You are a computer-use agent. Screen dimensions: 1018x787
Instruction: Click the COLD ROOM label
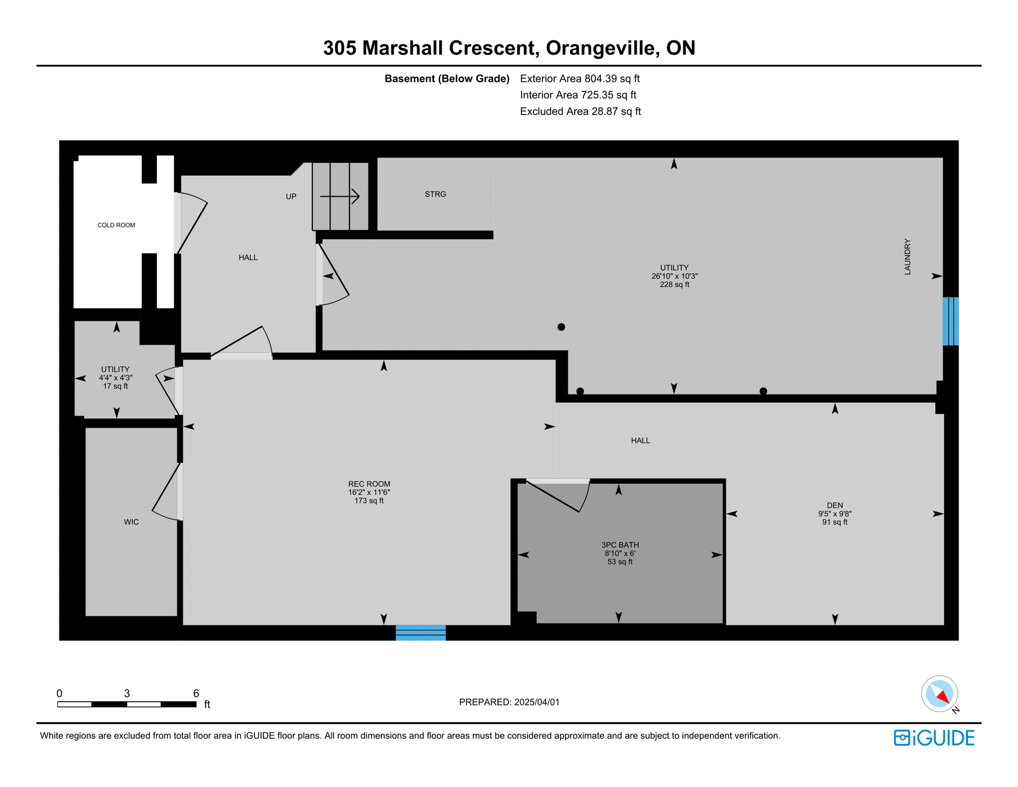point(116,225)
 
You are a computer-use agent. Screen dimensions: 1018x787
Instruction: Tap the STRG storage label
point(435,194)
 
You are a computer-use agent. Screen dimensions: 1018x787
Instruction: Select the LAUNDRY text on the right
point(907,257)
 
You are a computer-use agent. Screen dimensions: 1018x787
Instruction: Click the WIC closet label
point(131,522)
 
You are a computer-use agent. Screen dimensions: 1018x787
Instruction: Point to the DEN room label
point(835,505)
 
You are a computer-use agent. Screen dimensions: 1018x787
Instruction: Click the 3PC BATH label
point(620,545)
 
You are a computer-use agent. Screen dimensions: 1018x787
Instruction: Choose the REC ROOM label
point(369,484)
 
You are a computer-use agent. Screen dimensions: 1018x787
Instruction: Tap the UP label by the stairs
point(291,196)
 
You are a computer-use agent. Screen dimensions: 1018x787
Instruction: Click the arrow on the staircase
point(340,197)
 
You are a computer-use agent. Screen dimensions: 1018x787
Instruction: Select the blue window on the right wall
point(950,321)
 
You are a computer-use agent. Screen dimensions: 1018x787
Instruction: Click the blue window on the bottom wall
point(420,633)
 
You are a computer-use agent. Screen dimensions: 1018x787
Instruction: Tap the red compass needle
point(943,696)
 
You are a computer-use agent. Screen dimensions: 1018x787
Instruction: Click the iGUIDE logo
point(934,738)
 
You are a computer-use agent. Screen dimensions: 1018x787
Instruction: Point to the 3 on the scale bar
point(127,693)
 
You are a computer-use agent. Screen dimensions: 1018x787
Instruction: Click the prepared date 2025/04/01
point(537,702)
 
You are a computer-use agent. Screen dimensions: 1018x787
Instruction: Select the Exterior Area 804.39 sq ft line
point(580,78)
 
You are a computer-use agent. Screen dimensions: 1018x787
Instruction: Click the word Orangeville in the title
point(603,48)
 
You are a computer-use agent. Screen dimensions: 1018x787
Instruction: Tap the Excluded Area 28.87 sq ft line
point(581,111)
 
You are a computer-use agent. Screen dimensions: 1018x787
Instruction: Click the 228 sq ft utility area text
point(674,284)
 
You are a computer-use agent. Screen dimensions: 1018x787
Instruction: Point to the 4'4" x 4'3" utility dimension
point(116,378)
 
